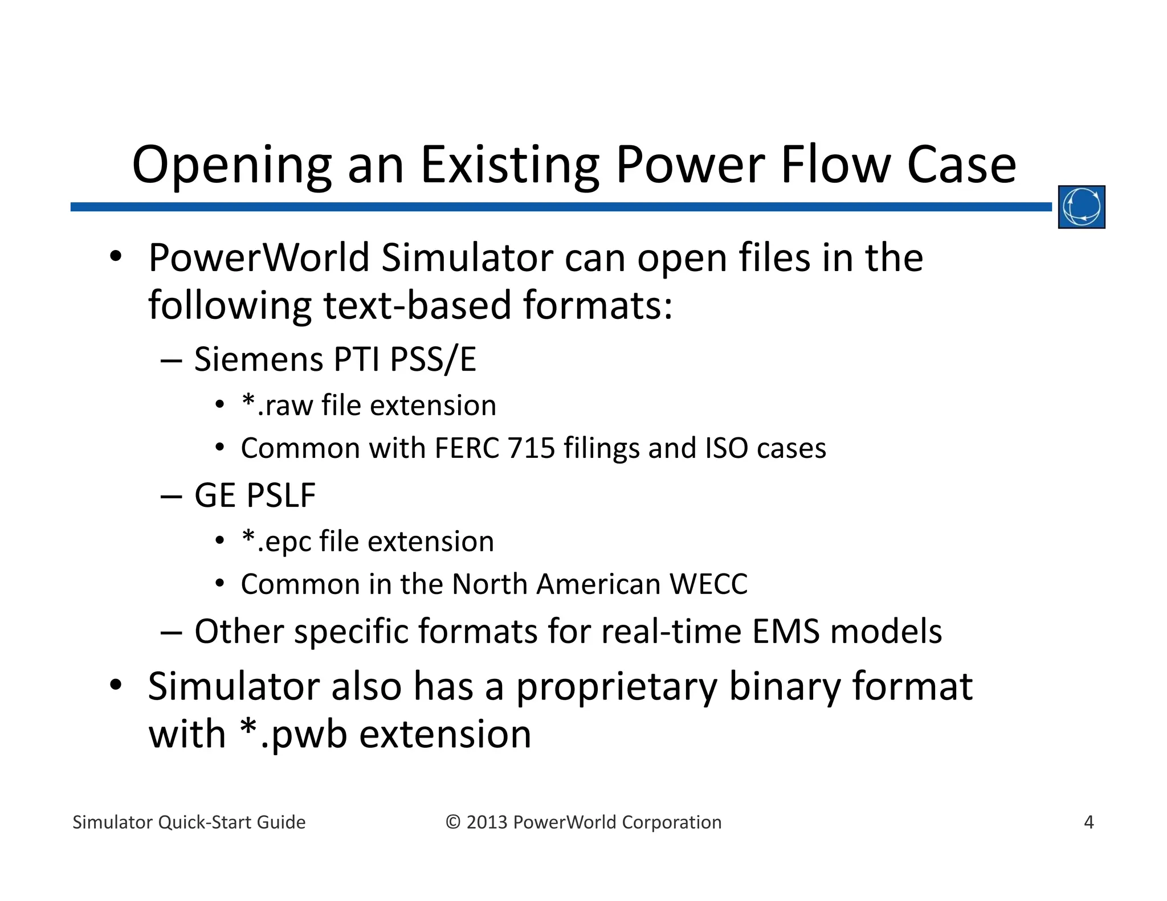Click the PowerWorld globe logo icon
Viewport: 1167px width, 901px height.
(x=1081, y=207)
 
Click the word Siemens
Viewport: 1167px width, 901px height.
(x=259, y=359)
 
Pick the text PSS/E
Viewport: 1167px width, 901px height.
(x=433, y=359)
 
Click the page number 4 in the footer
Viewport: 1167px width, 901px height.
(x=1088, y=822)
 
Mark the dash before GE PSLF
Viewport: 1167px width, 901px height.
(x=171, y=496)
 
